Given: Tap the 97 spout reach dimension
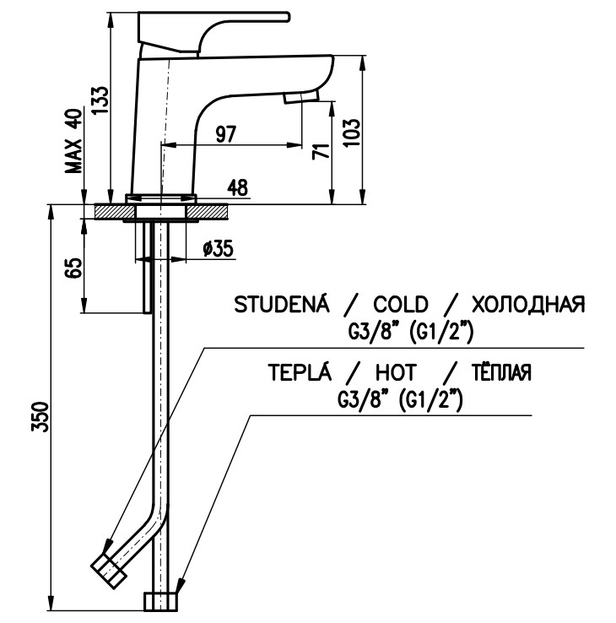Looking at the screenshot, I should tap(224, 133).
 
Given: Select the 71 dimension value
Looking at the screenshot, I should tap(319, 151).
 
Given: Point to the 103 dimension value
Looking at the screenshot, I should tap(353, 132).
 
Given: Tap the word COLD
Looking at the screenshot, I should tap(401, 305).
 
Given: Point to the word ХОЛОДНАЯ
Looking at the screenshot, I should tap(527, 305).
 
